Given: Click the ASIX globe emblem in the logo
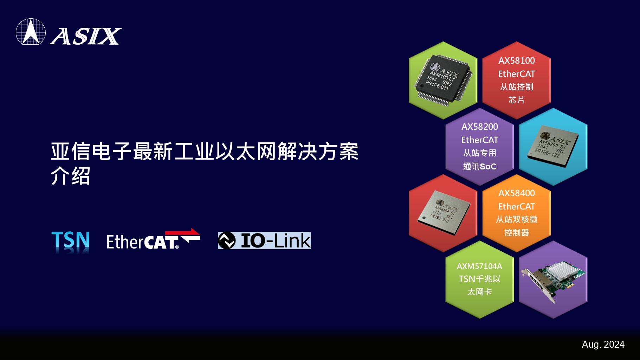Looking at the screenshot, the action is pos(31,32).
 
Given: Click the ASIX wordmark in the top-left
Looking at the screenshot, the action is pos(86,36).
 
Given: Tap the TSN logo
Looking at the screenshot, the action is pos(71,242).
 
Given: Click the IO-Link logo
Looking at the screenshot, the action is pos(264,240).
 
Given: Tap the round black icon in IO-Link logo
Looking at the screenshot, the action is pos(227,240).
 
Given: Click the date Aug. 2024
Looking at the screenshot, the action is pos(603,344).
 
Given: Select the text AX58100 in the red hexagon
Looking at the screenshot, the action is pos(517,60).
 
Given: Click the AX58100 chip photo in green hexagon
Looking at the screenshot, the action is pos(443,80).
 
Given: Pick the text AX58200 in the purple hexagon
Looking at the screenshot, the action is pos(480,127).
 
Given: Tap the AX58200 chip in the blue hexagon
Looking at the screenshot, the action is pos(553,146).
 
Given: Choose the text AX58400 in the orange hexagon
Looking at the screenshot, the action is pos(517,193).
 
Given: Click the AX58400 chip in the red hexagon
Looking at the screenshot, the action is pos(444,212).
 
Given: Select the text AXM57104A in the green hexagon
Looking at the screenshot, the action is pos(479,266).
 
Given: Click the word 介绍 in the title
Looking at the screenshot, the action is pos(71,176).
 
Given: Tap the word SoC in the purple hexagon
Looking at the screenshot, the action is pos(488,166).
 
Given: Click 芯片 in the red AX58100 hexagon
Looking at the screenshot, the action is pos(516,100).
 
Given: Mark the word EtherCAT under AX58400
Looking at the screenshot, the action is pos(517,206).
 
